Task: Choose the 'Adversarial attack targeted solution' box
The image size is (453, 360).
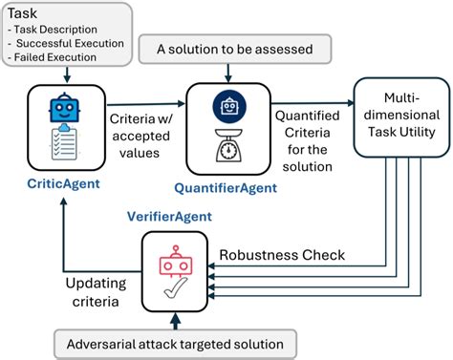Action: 176,344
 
